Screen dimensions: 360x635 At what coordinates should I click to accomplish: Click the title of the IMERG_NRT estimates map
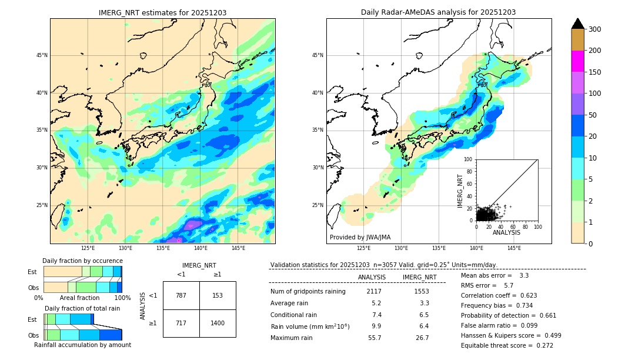tap(162, 12)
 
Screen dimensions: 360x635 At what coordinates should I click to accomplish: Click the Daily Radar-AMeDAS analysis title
tap(439, 12)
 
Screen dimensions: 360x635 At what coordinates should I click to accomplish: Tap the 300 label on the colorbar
tap(595, 29)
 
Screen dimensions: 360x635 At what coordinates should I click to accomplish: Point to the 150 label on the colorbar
tap(595, 72)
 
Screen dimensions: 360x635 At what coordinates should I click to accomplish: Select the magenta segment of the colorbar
tap(577, 61)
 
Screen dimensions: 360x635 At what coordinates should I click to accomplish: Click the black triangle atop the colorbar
tap(577, 24)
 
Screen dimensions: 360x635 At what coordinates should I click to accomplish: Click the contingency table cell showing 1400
tap(218, 323)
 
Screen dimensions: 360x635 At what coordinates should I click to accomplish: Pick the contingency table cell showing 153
tap(218, 295)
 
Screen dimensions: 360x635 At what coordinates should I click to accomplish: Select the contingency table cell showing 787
tap(181, 295)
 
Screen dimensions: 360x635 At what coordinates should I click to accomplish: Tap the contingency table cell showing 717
tap(181, 323)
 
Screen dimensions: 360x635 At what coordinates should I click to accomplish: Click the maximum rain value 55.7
tap(375, 338)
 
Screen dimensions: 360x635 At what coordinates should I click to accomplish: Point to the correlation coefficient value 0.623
tap(524, 295)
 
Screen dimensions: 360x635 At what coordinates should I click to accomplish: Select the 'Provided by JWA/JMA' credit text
tap(360, 237)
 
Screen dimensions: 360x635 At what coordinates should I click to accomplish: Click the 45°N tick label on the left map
tap(41, 55)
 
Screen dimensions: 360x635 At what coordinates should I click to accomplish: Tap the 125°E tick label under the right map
tap(364, 249)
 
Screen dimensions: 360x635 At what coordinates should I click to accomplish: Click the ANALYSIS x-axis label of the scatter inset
tap(506, 232)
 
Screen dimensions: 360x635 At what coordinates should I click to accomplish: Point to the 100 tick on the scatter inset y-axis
tap(469, 159)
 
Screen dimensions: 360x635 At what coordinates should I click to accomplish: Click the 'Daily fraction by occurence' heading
tap(82, 261)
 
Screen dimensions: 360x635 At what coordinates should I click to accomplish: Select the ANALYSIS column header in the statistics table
tap(372, 277)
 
